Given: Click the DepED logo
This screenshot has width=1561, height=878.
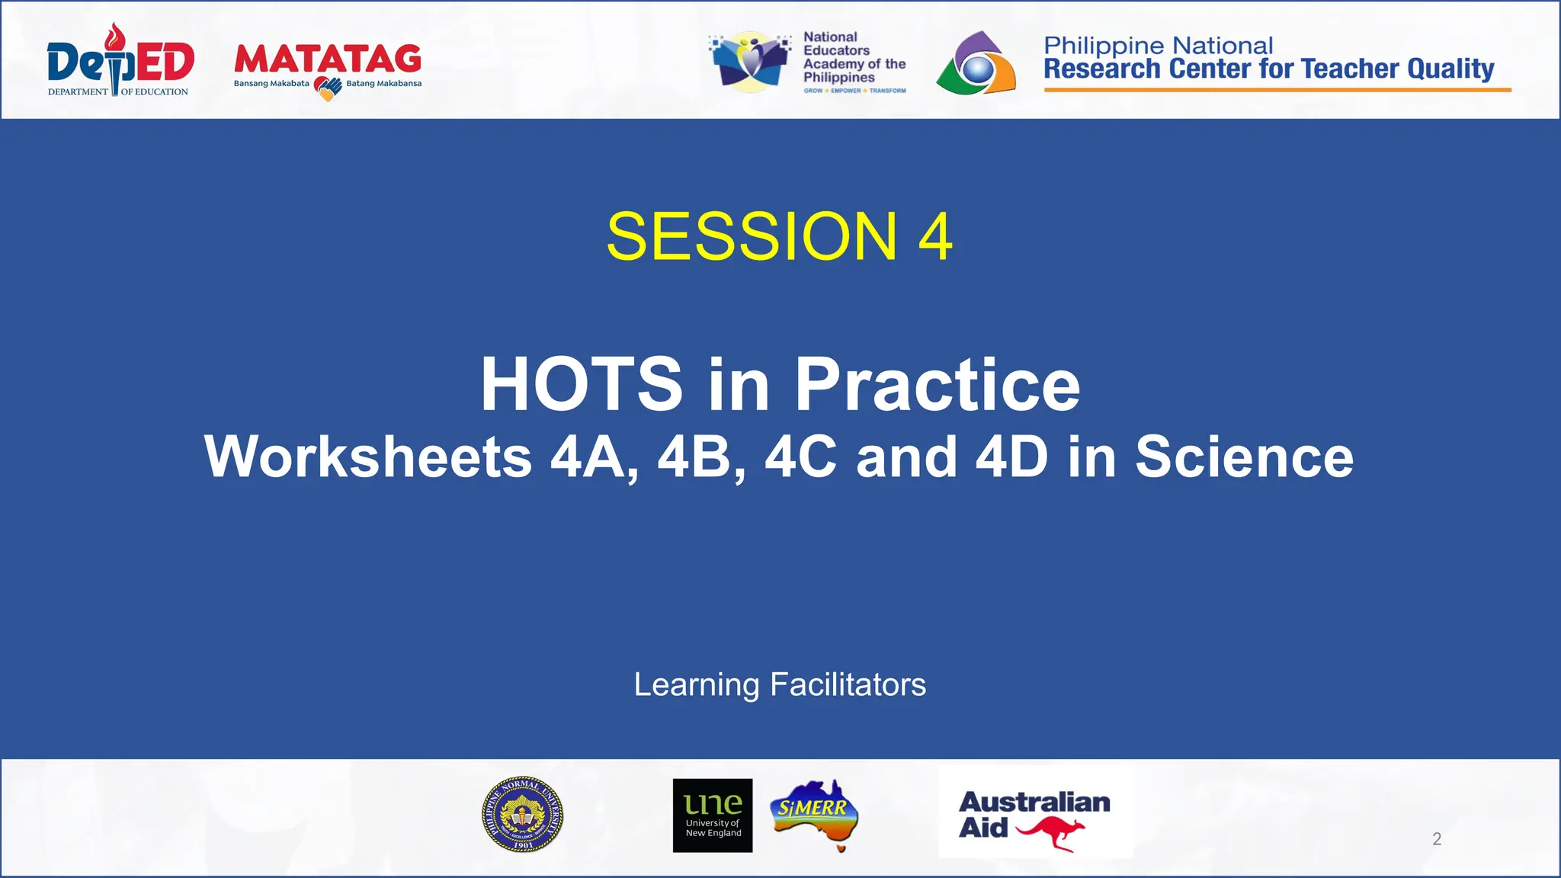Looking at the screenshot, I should click(120, 61).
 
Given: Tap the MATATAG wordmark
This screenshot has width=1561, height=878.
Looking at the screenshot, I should click(328, 59).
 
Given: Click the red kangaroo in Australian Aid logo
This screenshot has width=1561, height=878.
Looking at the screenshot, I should click(1050, 832).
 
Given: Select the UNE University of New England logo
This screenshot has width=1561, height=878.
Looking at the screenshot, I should click(713, 815).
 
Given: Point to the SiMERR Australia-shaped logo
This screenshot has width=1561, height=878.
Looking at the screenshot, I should click(815, 813).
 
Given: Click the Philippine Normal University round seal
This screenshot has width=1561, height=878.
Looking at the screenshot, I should click(523, 814).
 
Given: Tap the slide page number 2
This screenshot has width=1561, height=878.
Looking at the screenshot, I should click(1437, 839).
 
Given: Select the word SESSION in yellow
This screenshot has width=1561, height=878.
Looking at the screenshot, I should click(752, 236).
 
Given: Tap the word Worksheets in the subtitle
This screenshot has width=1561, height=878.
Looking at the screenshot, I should click(368, 457).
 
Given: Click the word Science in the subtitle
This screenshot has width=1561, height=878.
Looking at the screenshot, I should click(1244, 457).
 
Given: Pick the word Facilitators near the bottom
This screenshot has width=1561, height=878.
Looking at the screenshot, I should click(848, 684).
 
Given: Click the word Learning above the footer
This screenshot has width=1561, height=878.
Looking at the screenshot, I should click(697, 684).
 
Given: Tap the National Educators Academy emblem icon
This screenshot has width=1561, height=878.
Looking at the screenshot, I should click(750, 62).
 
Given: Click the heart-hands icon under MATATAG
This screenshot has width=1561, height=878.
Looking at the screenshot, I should click(328, 89).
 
